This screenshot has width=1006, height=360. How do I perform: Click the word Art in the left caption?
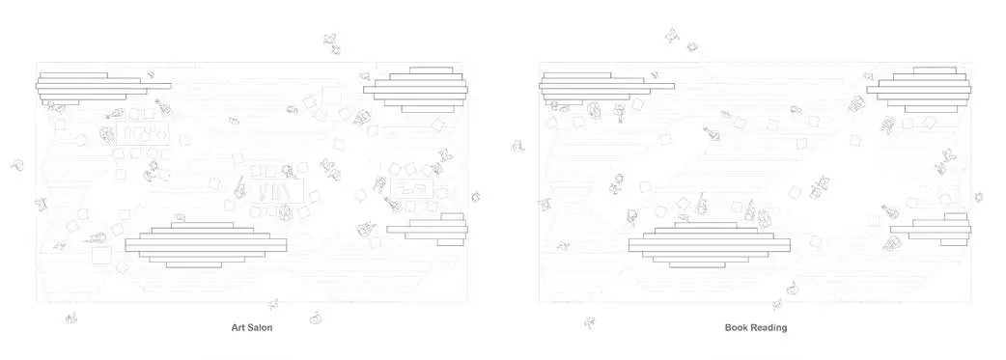point(238,327)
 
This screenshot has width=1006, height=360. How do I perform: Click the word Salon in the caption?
point(261,327)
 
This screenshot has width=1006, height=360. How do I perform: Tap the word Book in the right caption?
point(737,327)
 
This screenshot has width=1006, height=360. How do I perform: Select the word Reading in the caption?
point(769,327)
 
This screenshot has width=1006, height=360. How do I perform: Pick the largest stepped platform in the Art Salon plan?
point(206,245)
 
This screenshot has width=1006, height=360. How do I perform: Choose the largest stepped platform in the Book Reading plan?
point(709,245)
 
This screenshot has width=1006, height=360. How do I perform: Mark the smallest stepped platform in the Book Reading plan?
point(931,229)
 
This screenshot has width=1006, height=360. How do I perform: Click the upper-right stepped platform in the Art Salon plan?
point(416,89)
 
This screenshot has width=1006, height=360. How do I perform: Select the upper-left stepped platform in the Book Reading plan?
point(607,89)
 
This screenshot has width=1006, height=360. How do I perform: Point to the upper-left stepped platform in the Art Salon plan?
point(103,89)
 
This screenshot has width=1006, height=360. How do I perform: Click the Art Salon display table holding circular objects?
point(143,133)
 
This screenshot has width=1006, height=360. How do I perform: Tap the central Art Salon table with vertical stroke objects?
point(274,190)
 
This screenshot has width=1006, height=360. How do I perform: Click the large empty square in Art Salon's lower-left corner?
point(101,255)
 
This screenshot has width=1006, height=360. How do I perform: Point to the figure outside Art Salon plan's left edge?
point(17,165)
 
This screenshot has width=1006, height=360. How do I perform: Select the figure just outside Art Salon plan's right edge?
point(475,197)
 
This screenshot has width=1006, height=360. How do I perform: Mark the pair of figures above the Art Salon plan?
point(332,43)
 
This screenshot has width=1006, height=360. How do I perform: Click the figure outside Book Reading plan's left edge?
point(519,146)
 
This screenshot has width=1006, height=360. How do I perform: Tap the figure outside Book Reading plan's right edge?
point(979,197)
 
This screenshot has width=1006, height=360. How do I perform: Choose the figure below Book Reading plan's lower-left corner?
point(590,322)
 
